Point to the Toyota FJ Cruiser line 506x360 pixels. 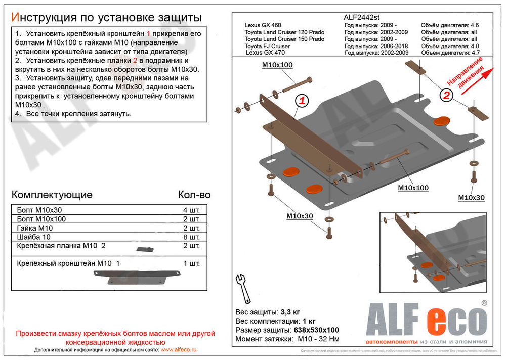pyautogui.click(x=267, y=46)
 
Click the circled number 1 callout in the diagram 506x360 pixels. pyautogui.click(x=302, y=101)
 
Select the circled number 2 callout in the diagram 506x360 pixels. pyautogui.click(x=446, y=95)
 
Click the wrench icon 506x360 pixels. pyautogui.click(x=242, y=285)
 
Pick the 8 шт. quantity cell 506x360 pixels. pyautogui.click(x=191, y=237)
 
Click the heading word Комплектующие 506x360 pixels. pyautogui.click(x=52, y=195)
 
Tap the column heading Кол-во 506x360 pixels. pyautogui.click(x=194, y=195)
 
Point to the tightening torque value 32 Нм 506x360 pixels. pyautogui.click(x=329, y=339)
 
